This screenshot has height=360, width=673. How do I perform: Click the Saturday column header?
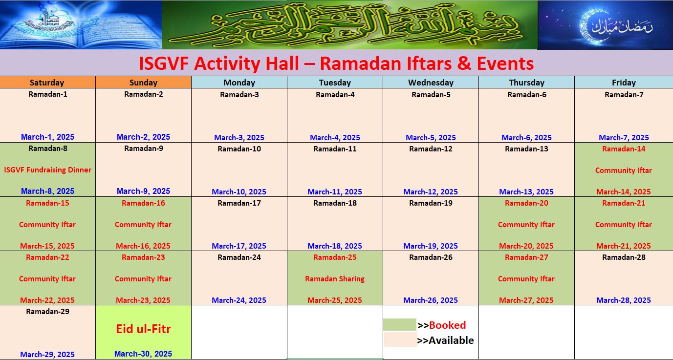(47, 83)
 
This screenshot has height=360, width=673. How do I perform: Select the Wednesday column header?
(431, 83)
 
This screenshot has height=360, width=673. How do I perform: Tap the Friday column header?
(624, 83)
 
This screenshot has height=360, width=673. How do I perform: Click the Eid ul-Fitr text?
(143, 329)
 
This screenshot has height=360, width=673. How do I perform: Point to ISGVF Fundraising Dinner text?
(47, 170)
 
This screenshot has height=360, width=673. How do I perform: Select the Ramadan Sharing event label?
(335, 279)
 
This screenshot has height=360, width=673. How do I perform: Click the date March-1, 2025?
(47, 137)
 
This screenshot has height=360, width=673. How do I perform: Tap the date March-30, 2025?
(143, 354)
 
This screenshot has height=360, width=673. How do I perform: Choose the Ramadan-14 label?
(624, 149)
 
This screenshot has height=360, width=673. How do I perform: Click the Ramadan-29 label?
(47, 312)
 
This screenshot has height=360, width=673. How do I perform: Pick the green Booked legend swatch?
(399, 325)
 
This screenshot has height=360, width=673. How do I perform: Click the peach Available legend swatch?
(399, 340)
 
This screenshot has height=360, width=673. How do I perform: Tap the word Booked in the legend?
(447, 325)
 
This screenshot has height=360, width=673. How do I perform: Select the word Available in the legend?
(451, 340)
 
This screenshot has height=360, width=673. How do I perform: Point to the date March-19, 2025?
(431, 246)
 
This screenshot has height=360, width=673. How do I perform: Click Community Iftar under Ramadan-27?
(526, 279)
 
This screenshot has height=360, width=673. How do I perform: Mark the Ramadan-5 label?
(431, 95)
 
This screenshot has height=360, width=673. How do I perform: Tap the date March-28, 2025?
(624, 300)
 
